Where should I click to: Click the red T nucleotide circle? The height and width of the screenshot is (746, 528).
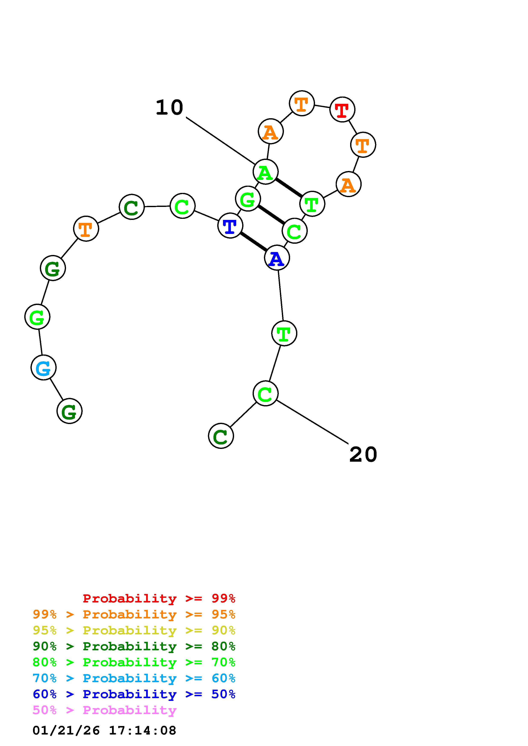pos(342,110)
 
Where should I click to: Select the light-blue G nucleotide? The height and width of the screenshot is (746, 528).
pos(44,367)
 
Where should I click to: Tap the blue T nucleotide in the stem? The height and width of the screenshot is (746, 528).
pos(230,225)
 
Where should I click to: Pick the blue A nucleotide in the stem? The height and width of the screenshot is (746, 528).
pos(277,258)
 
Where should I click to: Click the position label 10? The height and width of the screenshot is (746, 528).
pos(169,108)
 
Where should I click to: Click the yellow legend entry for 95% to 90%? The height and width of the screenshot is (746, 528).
pos(134,630)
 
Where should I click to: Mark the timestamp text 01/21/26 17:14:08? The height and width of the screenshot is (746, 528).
pos(104,730)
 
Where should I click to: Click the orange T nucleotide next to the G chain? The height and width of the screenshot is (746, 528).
pos(86,229)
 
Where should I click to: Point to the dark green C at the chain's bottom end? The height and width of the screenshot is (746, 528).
pos(221,436)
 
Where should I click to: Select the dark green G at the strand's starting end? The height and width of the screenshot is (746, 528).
pos(69,411)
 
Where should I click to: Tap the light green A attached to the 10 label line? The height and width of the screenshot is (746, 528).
pos(265,172)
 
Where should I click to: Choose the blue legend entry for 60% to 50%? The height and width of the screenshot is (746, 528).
pos(134,694)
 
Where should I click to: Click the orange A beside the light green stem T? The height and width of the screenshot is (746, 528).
pos(348,184)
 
